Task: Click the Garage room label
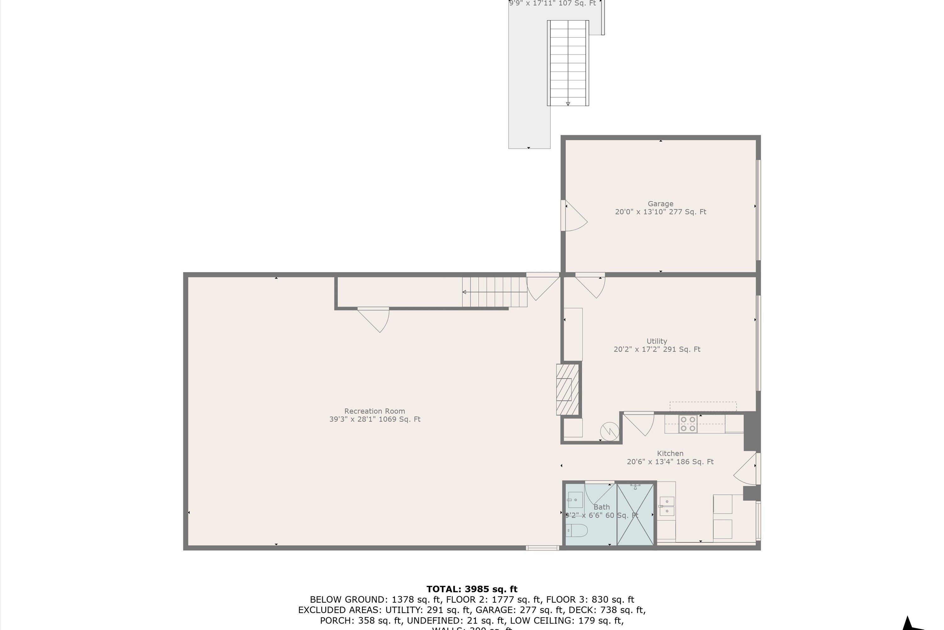pyautogui.click(x=660, y=204)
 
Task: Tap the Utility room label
pyautogui.click(x=657, y=341)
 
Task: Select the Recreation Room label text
pyautogui.click(x=374, y=411)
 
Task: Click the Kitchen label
pyautogui.click(x=670, y=453)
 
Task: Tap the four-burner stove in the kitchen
pyautogui.click(x=688, y=424)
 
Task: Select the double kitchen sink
pyautogui.click(x=667, y=506)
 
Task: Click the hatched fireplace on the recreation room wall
pyautogui.click(x=567, y=389)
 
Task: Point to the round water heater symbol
pyautogui.click(x=609, y=432)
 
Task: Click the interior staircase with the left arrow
pyautogui.click(x=494, y=292)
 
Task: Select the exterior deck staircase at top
pyautogui.click(x=568, y=63)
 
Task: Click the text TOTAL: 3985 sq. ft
pyautogui.click(x=472, y=589)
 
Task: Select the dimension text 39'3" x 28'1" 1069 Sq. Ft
pyautogui.click(x=374, y=419)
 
